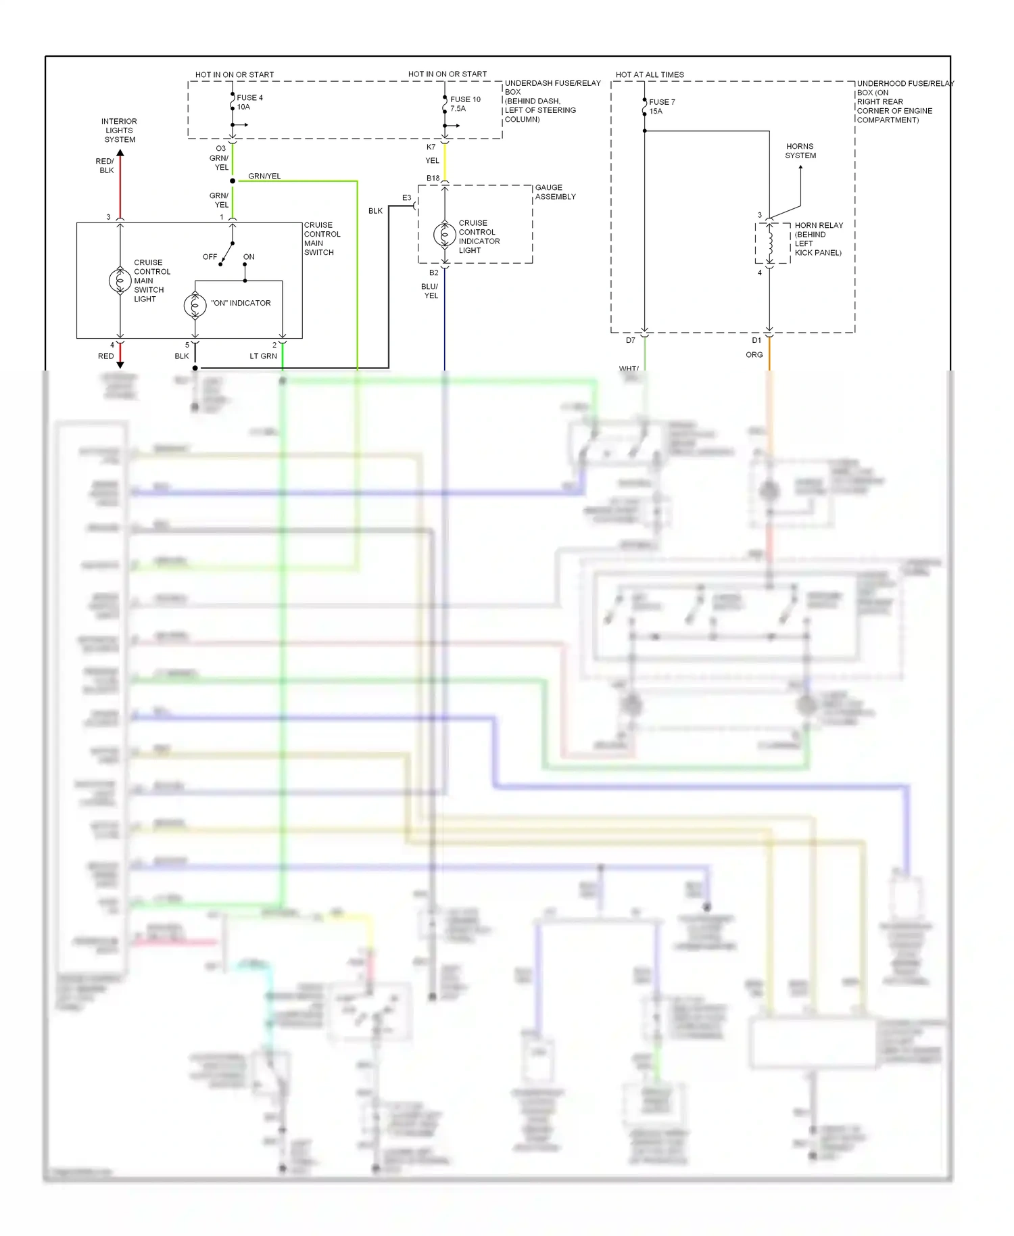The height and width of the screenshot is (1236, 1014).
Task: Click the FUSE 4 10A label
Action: coord(249,102)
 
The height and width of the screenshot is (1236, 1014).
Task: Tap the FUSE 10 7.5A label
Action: coord(465,103)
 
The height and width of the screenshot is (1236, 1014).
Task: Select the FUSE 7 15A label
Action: coord(661,106)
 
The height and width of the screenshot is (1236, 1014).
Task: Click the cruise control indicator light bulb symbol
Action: coord(444,235)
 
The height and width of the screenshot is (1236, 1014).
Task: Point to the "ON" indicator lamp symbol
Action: coord(195,305)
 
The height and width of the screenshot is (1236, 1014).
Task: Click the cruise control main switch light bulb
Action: coord(120,280)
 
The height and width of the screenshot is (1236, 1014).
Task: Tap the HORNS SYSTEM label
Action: coord(800,151)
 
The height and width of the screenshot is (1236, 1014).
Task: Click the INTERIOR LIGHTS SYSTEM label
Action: coord(120,130)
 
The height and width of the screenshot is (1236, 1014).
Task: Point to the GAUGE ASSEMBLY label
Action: coord(555,192)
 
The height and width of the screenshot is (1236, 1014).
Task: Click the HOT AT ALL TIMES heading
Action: coord(650,74)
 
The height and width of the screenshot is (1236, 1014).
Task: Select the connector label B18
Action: coord(433,179)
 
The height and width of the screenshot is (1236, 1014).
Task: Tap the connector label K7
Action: coord(431,147)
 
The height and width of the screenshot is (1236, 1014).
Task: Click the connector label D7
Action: coord(630,340)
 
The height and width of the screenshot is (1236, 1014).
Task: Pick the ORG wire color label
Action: coord(754,354)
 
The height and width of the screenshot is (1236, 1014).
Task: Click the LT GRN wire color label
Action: coord(263,356)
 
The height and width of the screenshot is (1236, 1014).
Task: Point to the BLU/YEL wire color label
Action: coord(431,291)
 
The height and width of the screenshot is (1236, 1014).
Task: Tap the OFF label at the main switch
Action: coord(210,257)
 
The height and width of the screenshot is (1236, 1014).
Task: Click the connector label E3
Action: coord(406,197)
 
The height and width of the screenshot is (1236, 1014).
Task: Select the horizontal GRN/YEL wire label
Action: coord(264,176)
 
